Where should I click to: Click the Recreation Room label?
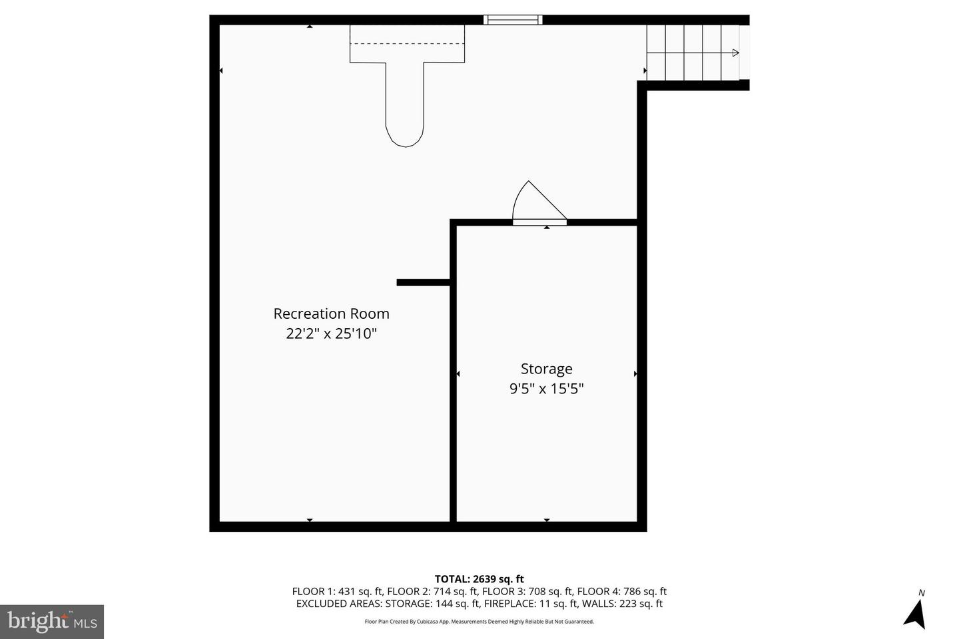(x=332, y=314)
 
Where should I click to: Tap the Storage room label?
(x=546, y=369)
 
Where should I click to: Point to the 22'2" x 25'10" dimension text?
(x=332, y=333)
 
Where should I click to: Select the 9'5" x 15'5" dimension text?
(x=546, y=389)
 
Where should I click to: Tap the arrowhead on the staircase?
(x=735, y=53)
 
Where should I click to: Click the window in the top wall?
(x=513, y=20)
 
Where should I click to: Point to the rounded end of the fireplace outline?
(x=405, y=139)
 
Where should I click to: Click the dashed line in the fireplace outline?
(x=407, y=43)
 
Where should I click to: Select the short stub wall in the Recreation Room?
(x=423, y=282)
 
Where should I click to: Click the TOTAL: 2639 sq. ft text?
(x=479, y=579)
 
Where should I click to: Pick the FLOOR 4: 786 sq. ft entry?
(x=621, y=592)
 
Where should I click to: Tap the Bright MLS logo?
(x=52, y=622)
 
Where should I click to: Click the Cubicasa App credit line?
(x=479, y=622)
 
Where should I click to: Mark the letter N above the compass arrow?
(x=921, y=593)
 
